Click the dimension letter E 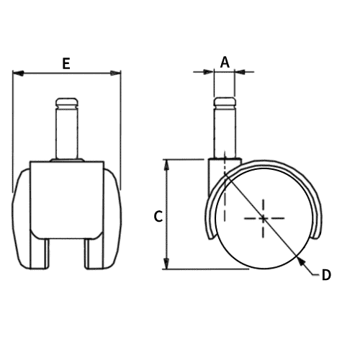pyautogui.click(x=66, y=63)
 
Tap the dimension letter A pyautogui.click(x=225, y=62)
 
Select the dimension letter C pyautogui.click(x=159, y=215)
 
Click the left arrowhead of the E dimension pyautogui.click(x=18, y=73)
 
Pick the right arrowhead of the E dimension pyautogui.click(x=116, y=73)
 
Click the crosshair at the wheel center pyautogui.click(x=264, y=217)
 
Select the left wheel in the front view pyautogui.click(x=22, y=216)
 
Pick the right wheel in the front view pyautogui.click(x=112, y=216)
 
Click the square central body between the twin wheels pyautogui.click(x=66, y=198)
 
